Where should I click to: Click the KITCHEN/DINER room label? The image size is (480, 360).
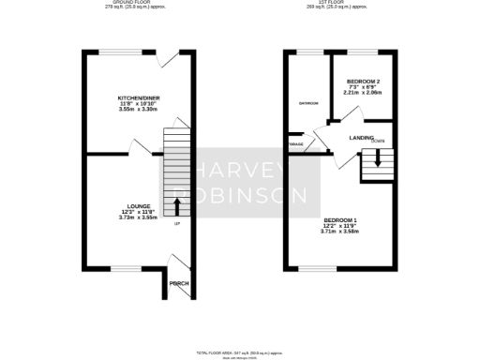coord(135,97)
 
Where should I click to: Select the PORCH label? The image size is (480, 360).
coord(179,283)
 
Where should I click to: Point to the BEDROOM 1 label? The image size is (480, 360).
coord(340,219)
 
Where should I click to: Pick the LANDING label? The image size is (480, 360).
coord(361,138)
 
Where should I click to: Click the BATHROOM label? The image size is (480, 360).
coord(308,102)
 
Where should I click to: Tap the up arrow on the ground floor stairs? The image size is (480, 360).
coord(177,204)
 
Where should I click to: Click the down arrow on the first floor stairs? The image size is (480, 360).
coord(377,157)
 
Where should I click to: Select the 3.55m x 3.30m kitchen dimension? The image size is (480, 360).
coord(135,110)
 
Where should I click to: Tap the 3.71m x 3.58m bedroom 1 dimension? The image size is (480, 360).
coord(340,231)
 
